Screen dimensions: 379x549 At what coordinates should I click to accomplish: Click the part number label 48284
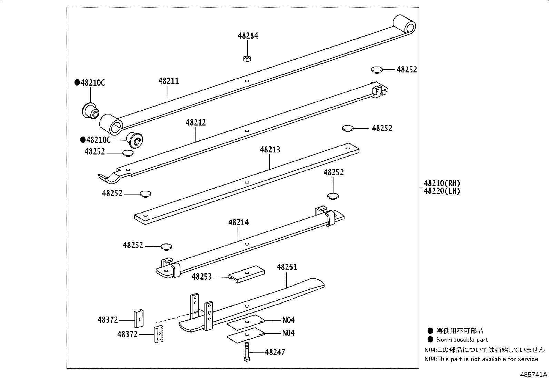pos(248,36)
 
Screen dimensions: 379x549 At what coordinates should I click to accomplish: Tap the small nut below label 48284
pos(247,58)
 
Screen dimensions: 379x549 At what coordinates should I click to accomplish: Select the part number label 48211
pos(169,81)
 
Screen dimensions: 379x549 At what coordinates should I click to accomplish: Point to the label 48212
pos(196,122)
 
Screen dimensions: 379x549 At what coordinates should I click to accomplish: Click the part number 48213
pos(270,150)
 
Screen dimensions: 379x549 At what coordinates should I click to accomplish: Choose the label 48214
pos(238,222)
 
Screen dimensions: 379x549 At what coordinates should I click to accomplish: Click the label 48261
pos(287,267)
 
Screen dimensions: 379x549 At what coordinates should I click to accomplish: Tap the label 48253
pos(202,277)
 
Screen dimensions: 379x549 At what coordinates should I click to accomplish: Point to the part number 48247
pos(275,352)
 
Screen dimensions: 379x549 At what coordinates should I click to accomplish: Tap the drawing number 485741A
pos(533,374)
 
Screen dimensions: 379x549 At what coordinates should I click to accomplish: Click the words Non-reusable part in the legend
pos(462,339)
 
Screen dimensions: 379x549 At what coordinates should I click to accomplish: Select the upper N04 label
pos(288,320)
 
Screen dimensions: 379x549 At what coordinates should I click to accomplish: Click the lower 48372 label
pos(127,334)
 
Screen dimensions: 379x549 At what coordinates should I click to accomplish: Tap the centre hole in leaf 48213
pos(247,182)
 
